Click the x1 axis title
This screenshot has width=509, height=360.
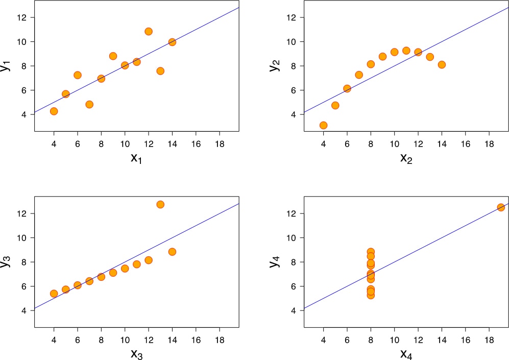(x=136, y=159)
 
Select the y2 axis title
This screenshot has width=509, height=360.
(x=276, y=65)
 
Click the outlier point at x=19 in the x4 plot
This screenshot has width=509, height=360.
(x=501, y=207)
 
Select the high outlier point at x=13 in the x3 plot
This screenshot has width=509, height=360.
(x=160, y=204)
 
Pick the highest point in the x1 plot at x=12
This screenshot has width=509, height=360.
(x=149, y=31)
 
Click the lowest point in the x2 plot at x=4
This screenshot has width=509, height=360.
(x=323, y=125)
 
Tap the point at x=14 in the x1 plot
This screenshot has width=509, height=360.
(x=172, y=42)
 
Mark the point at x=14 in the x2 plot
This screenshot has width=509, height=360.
(x=442, y=64)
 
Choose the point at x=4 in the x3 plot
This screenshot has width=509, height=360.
(x=54, y=294)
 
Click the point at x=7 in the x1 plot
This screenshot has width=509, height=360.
(x=89, y=104)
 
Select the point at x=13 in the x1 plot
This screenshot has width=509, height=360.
(x=160, y=71)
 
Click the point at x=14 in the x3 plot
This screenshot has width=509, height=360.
(x=172, y=252)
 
